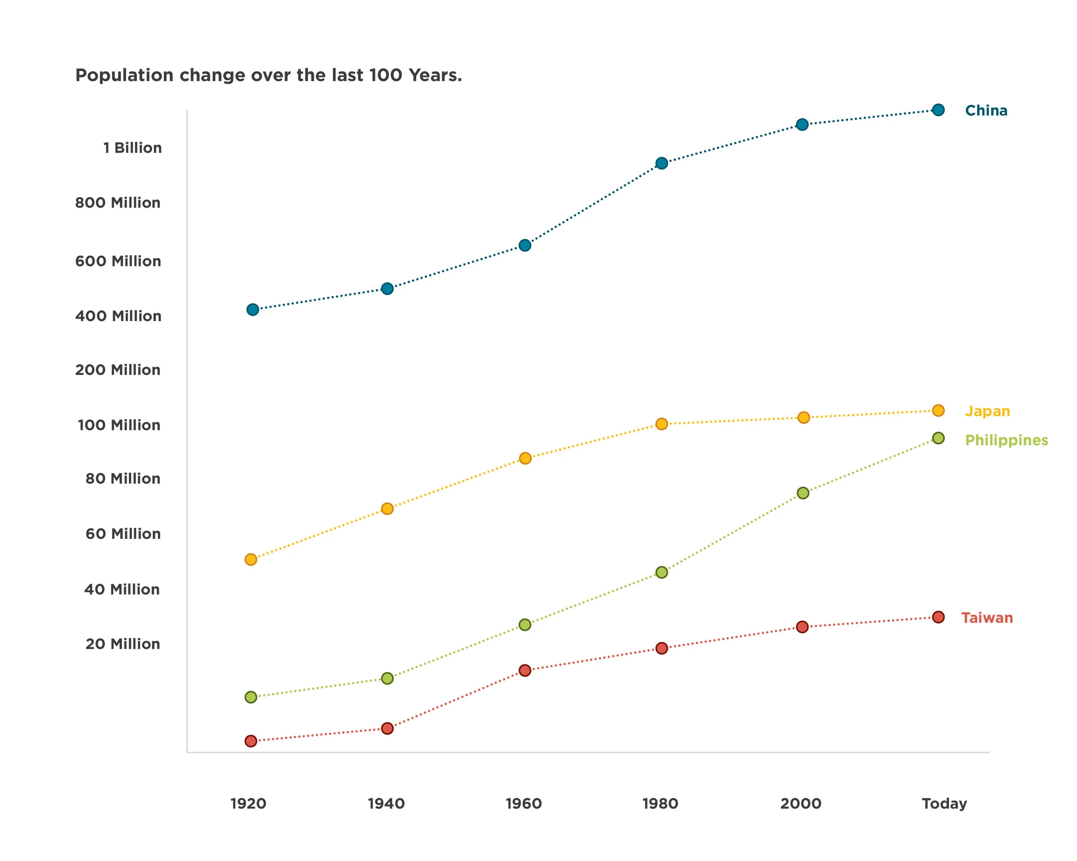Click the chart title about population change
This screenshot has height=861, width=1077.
(x=268, y=75)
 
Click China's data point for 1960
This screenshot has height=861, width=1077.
(x=525, y=245)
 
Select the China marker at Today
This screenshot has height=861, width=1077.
(x=938, y=110)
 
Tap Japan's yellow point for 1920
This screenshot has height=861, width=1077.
(x=251, y=559)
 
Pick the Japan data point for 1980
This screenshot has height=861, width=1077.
(x=661, y=424)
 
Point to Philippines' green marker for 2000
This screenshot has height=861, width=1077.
(x=803, y=493)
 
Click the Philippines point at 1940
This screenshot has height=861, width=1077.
(x=387, y=678)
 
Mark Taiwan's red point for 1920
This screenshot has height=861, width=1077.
(x=251, y=741)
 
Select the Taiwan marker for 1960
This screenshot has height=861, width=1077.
(x=525, y=670)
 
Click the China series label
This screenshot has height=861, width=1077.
(x=986, y=110)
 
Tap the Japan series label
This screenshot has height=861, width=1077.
(x=987, y=411)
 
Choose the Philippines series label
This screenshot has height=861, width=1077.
(x=1006, y=440)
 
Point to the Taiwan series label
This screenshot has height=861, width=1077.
(x=987, y=618)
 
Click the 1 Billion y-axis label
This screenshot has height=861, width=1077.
(x=132, y=148)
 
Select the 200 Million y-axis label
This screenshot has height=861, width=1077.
(x=118, y=370)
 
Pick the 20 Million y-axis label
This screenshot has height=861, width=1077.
(x=123, y=644)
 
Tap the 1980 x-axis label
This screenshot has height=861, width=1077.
(x=660, y=804)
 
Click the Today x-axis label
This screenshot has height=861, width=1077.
(x=944, y=804)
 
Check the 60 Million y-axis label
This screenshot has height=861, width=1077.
(x=123, y=534)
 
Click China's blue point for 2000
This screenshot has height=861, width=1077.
(x=802, y=124)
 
